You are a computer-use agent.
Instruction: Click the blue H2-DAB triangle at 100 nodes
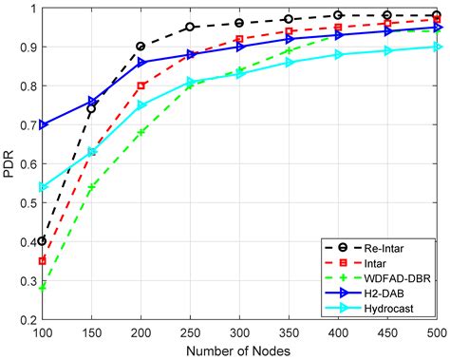(x=43, y=124)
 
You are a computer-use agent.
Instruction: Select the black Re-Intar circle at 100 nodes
(x=43, y=241)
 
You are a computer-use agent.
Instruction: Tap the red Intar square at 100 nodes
(x=43, y=260)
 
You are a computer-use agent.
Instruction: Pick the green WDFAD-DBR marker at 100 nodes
(x=43, y=286)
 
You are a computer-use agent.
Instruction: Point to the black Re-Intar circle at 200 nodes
(x=141, y=47)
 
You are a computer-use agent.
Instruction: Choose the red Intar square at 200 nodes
(x=141, y=85)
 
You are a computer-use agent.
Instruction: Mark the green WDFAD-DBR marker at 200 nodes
(x=141, y=132)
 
